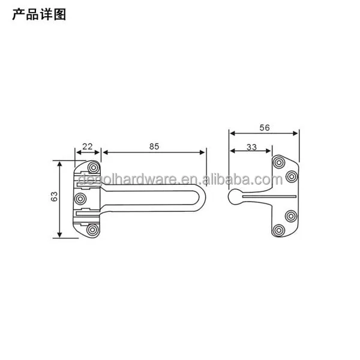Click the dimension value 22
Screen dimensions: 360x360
[87, 146]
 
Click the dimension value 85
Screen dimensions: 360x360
[154, 146]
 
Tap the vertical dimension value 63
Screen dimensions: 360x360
[53, 197]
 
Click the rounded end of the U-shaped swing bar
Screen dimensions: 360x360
[204, 197]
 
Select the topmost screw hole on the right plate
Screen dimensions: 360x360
[280, 161]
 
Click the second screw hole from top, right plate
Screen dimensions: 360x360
[292, 176]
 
